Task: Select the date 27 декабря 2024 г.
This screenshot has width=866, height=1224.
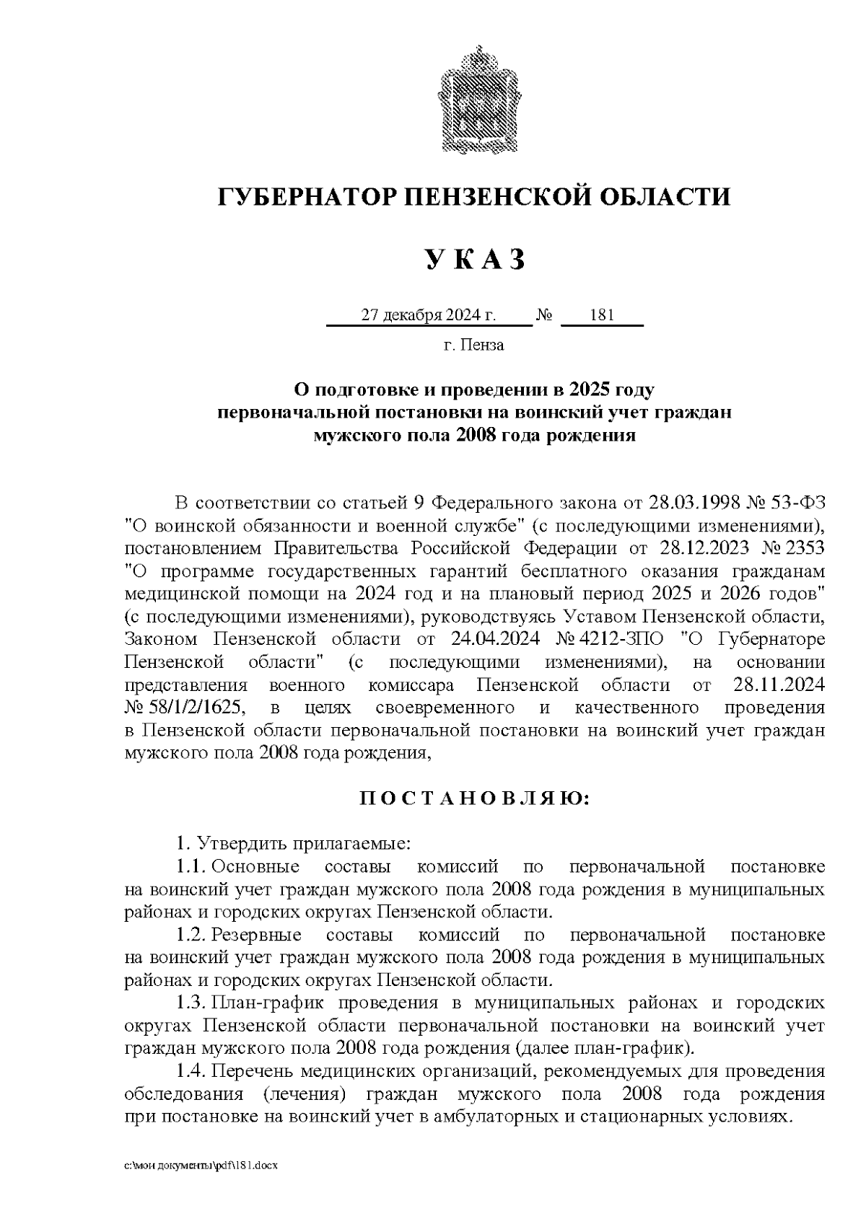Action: pos(429,315)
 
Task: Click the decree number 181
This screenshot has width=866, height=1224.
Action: pos(601,315)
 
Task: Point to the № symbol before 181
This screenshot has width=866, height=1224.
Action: pos(545,316)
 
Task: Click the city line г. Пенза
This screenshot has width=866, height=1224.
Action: pos(473,345)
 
